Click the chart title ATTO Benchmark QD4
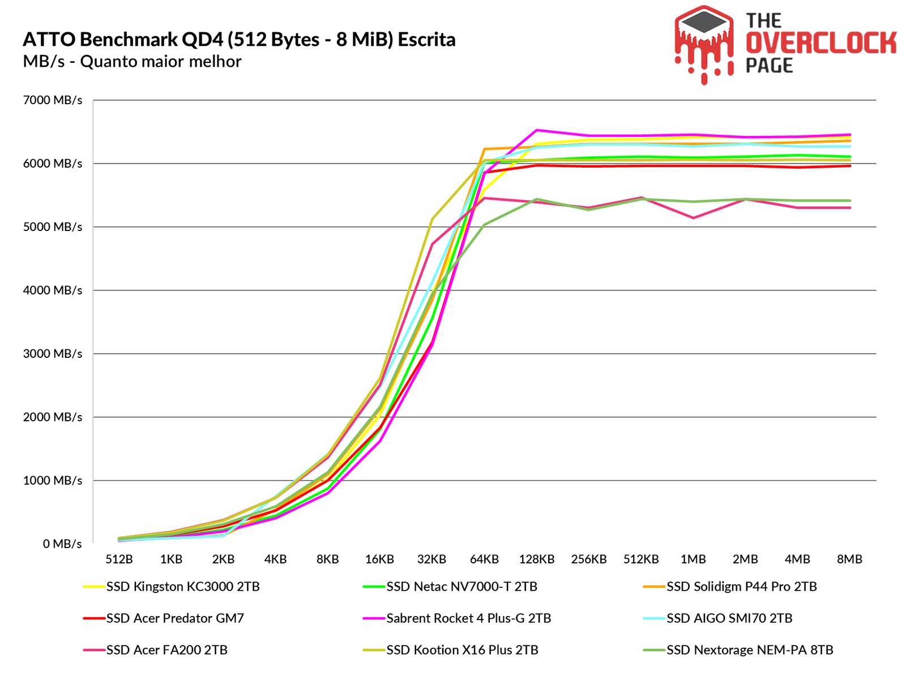(239, 40)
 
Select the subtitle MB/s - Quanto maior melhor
(132, 61)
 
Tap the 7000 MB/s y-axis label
(53, 100)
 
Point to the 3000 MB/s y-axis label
(53, 354)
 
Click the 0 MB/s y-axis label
(63, 544)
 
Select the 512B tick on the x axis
(119, 559)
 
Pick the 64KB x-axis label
(484, 559)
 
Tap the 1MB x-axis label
(693, 559)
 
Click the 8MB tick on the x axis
(849, 559)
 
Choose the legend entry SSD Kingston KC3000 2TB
(182, 587)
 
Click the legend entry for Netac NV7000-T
(461, 587)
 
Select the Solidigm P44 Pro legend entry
(741, 587)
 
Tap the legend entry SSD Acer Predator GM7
(174, 618)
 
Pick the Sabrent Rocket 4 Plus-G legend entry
(468, 618)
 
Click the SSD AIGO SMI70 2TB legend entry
(729, 618)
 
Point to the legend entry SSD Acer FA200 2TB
(166, 650)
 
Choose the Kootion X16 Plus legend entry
(462, 650)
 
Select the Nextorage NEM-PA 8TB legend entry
(749, 650)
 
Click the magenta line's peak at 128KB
(536, 130)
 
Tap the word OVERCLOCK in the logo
(820, 43)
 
